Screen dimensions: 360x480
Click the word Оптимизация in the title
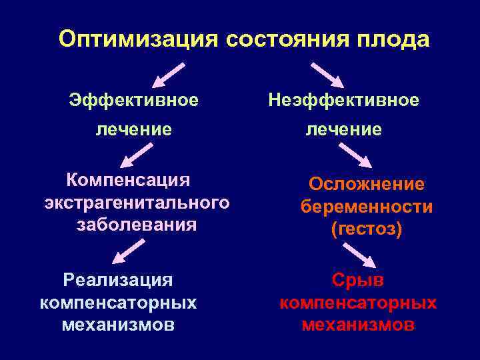(138, 39)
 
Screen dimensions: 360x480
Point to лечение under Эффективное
(134, 129)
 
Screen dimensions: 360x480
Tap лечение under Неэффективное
(343, 129)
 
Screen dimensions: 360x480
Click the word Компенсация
(128, 180)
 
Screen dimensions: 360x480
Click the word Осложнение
(366, 184)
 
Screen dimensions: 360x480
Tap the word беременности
(366, 207)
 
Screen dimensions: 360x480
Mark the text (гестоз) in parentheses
(366, 229)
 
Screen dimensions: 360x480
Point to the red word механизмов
(358, 325)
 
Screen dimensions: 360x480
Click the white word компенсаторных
(119, 303)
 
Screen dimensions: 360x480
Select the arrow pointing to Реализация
(129, 253)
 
